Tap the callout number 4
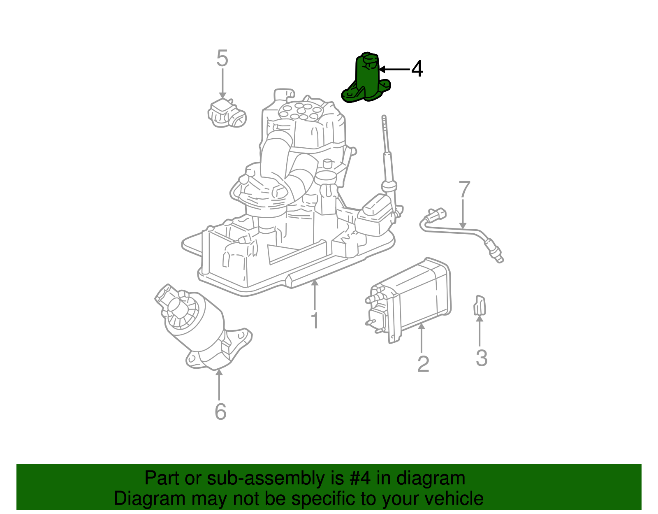pos(417,69)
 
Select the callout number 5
pos(222,58)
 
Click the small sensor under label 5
pos(227,114)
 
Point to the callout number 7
pos(464,190)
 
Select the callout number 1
pos(315,321)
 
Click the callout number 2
pos(423,364)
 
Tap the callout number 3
pos(481,358)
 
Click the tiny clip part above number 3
pos(480,305)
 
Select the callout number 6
pos(220,412)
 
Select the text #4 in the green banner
pos(361,479)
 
